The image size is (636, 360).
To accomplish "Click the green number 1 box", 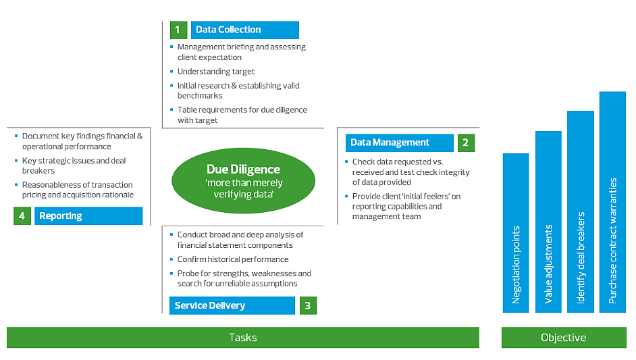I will point(178,30).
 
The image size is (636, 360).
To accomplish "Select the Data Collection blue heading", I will point(244,30).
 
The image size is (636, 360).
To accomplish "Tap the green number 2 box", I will point(466,143).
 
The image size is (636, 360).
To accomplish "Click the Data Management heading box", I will point(400,143).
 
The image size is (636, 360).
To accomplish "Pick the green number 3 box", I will point(307,305).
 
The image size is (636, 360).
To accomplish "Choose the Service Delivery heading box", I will point(232,305).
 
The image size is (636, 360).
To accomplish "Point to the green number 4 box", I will point(22,216).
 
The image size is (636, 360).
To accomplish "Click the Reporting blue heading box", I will point(88,216).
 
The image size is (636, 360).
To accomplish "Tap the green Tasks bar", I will point(242,338).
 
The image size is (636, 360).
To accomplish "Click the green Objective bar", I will point(563,338).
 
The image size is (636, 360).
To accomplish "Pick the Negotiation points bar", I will point(516,233).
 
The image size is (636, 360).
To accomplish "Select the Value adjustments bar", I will point(548,222).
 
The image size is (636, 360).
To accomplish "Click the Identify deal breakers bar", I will point(580,212).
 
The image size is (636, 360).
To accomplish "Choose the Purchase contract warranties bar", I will point(612,203).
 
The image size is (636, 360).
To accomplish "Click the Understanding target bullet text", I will point(216,72).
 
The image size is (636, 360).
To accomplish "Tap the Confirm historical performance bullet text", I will point(233,259).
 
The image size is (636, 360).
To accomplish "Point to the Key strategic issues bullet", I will point(74,165).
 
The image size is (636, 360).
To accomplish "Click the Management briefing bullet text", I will point(241,52).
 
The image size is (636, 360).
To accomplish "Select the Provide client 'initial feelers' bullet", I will point(406,206).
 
